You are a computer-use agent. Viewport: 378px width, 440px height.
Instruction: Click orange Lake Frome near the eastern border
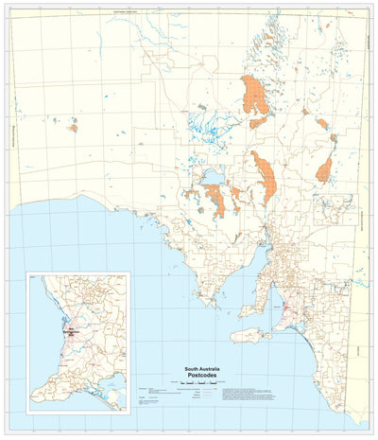325,170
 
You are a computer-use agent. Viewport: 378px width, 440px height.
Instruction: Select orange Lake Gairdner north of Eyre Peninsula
216,199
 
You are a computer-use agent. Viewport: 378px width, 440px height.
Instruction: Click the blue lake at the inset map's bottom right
115,387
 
